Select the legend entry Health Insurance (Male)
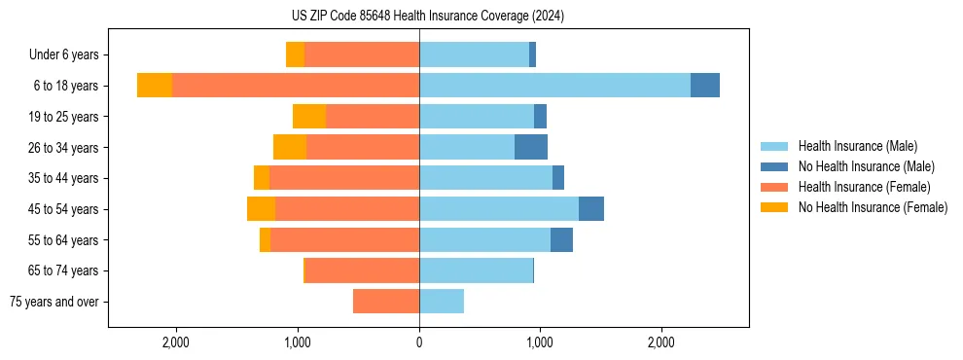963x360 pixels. (857, 146)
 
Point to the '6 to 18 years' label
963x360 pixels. (65, 86)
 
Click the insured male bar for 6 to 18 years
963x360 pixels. (554, 86)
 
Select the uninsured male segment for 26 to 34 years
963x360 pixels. (531, 147)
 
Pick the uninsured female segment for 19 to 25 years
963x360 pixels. (309, 117)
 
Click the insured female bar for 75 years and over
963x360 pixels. (386, 302)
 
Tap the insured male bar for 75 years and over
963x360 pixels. (442, 302)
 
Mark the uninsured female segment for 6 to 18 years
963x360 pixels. (155, 86)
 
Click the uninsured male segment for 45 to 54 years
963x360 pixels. (591, 209)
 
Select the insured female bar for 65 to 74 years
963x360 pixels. (362, 270)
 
